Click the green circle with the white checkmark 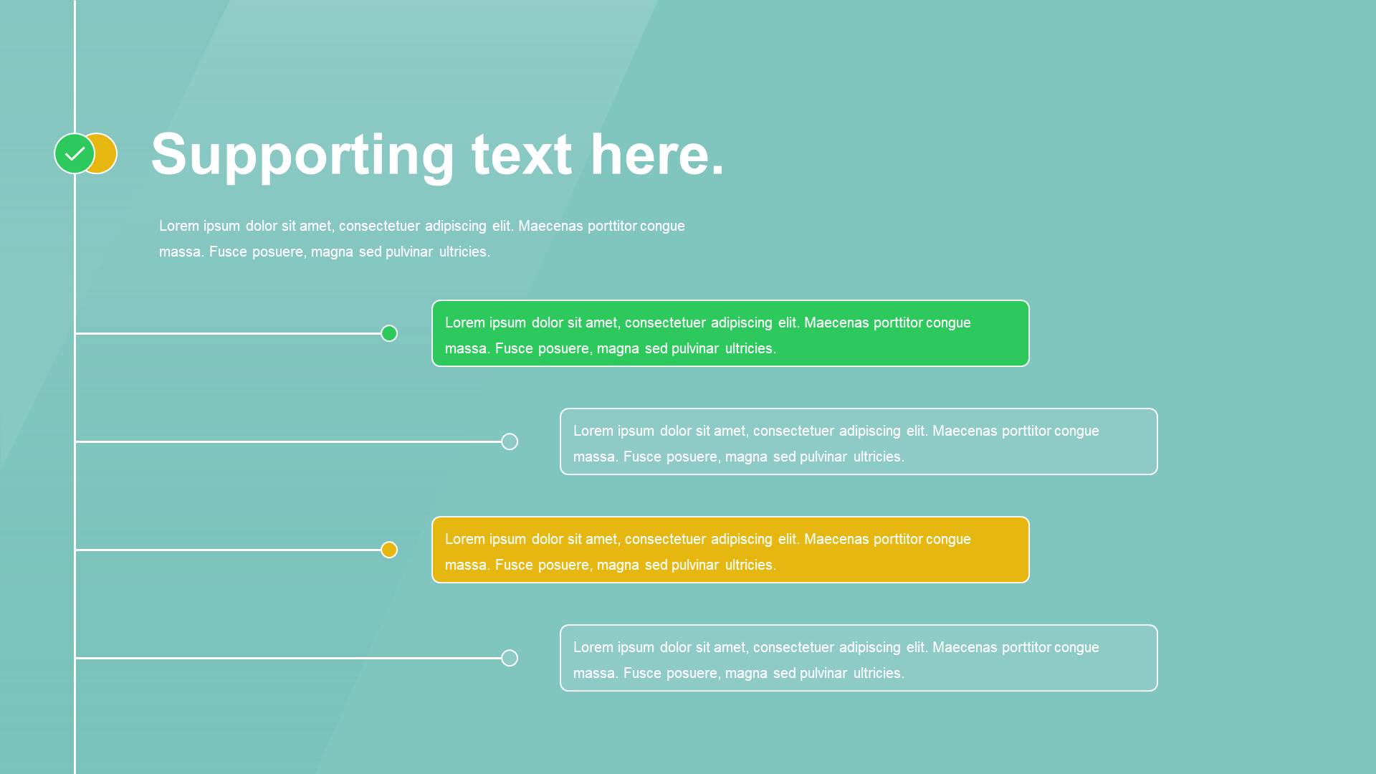[75, 153]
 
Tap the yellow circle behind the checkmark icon [106, 153]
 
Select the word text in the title [521, 155]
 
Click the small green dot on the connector [389, 333]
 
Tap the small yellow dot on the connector [389, 550]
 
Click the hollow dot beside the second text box [510, 441]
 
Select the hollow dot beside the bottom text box [510, 658]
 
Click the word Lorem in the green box [465, 322]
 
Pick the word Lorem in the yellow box [465, 539]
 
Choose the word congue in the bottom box [1076, 648]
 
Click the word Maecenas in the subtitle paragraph [550, 226]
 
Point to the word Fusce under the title [228, 252]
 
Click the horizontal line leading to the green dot [229, 333]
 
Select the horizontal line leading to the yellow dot [229, 550]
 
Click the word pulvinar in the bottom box [823, 674]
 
